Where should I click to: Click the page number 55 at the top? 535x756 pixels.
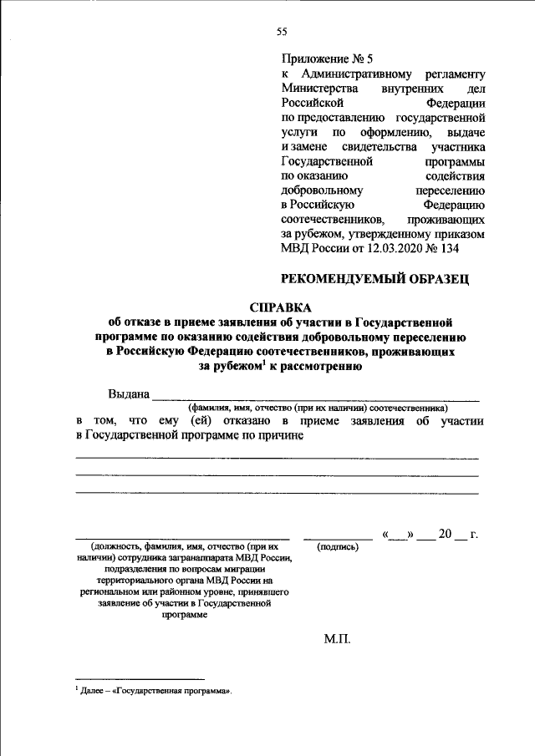click(x=282, y=32)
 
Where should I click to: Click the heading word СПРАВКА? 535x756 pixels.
click(x=281, y=307)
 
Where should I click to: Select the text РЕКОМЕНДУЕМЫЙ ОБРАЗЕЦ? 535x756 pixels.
click(x=374, y=279)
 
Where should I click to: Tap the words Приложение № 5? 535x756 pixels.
click(x=330, y=58)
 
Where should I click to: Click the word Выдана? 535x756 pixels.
click(x=129, y=394)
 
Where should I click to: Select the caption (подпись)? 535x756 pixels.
click(x=338, y=546)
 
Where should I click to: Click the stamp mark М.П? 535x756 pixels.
click(x=339, y=640)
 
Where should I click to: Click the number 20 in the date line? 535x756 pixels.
click(x=444, y=534)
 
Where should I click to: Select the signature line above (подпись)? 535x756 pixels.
click(x=338, y=539)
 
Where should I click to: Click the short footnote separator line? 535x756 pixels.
click(x=140, y=677)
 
